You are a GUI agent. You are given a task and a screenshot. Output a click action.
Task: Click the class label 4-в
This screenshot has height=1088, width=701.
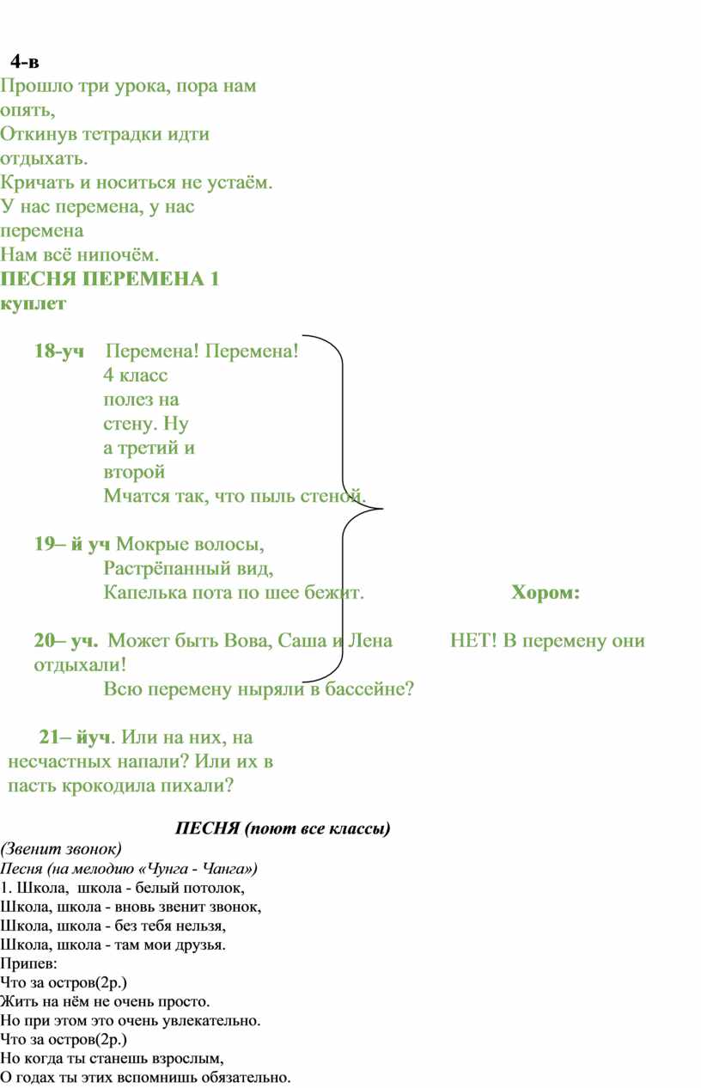pos(25,62)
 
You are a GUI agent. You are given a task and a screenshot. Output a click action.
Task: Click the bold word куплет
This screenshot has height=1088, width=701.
pos(33,304)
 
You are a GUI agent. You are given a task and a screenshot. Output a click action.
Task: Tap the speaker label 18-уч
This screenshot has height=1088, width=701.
pos(58,351)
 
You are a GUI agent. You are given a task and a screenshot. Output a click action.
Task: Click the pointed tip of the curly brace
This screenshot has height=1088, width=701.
pos(382,509)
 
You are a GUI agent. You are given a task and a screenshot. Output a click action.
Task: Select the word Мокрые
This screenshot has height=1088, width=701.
pos(148,544)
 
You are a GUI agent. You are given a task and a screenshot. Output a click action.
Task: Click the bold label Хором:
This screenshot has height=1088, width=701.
pos(546,593)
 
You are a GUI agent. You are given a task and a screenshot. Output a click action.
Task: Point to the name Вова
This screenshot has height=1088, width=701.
pos(247,640)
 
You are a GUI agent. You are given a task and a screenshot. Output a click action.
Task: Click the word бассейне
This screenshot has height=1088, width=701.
pos(369,688)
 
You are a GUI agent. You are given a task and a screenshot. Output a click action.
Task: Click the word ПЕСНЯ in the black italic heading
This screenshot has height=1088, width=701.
pos(208,828)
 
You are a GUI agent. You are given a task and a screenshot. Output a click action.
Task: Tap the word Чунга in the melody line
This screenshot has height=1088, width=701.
pos(168,869)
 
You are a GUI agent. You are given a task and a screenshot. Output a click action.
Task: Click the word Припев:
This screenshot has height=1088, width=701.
pos(28,963)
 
